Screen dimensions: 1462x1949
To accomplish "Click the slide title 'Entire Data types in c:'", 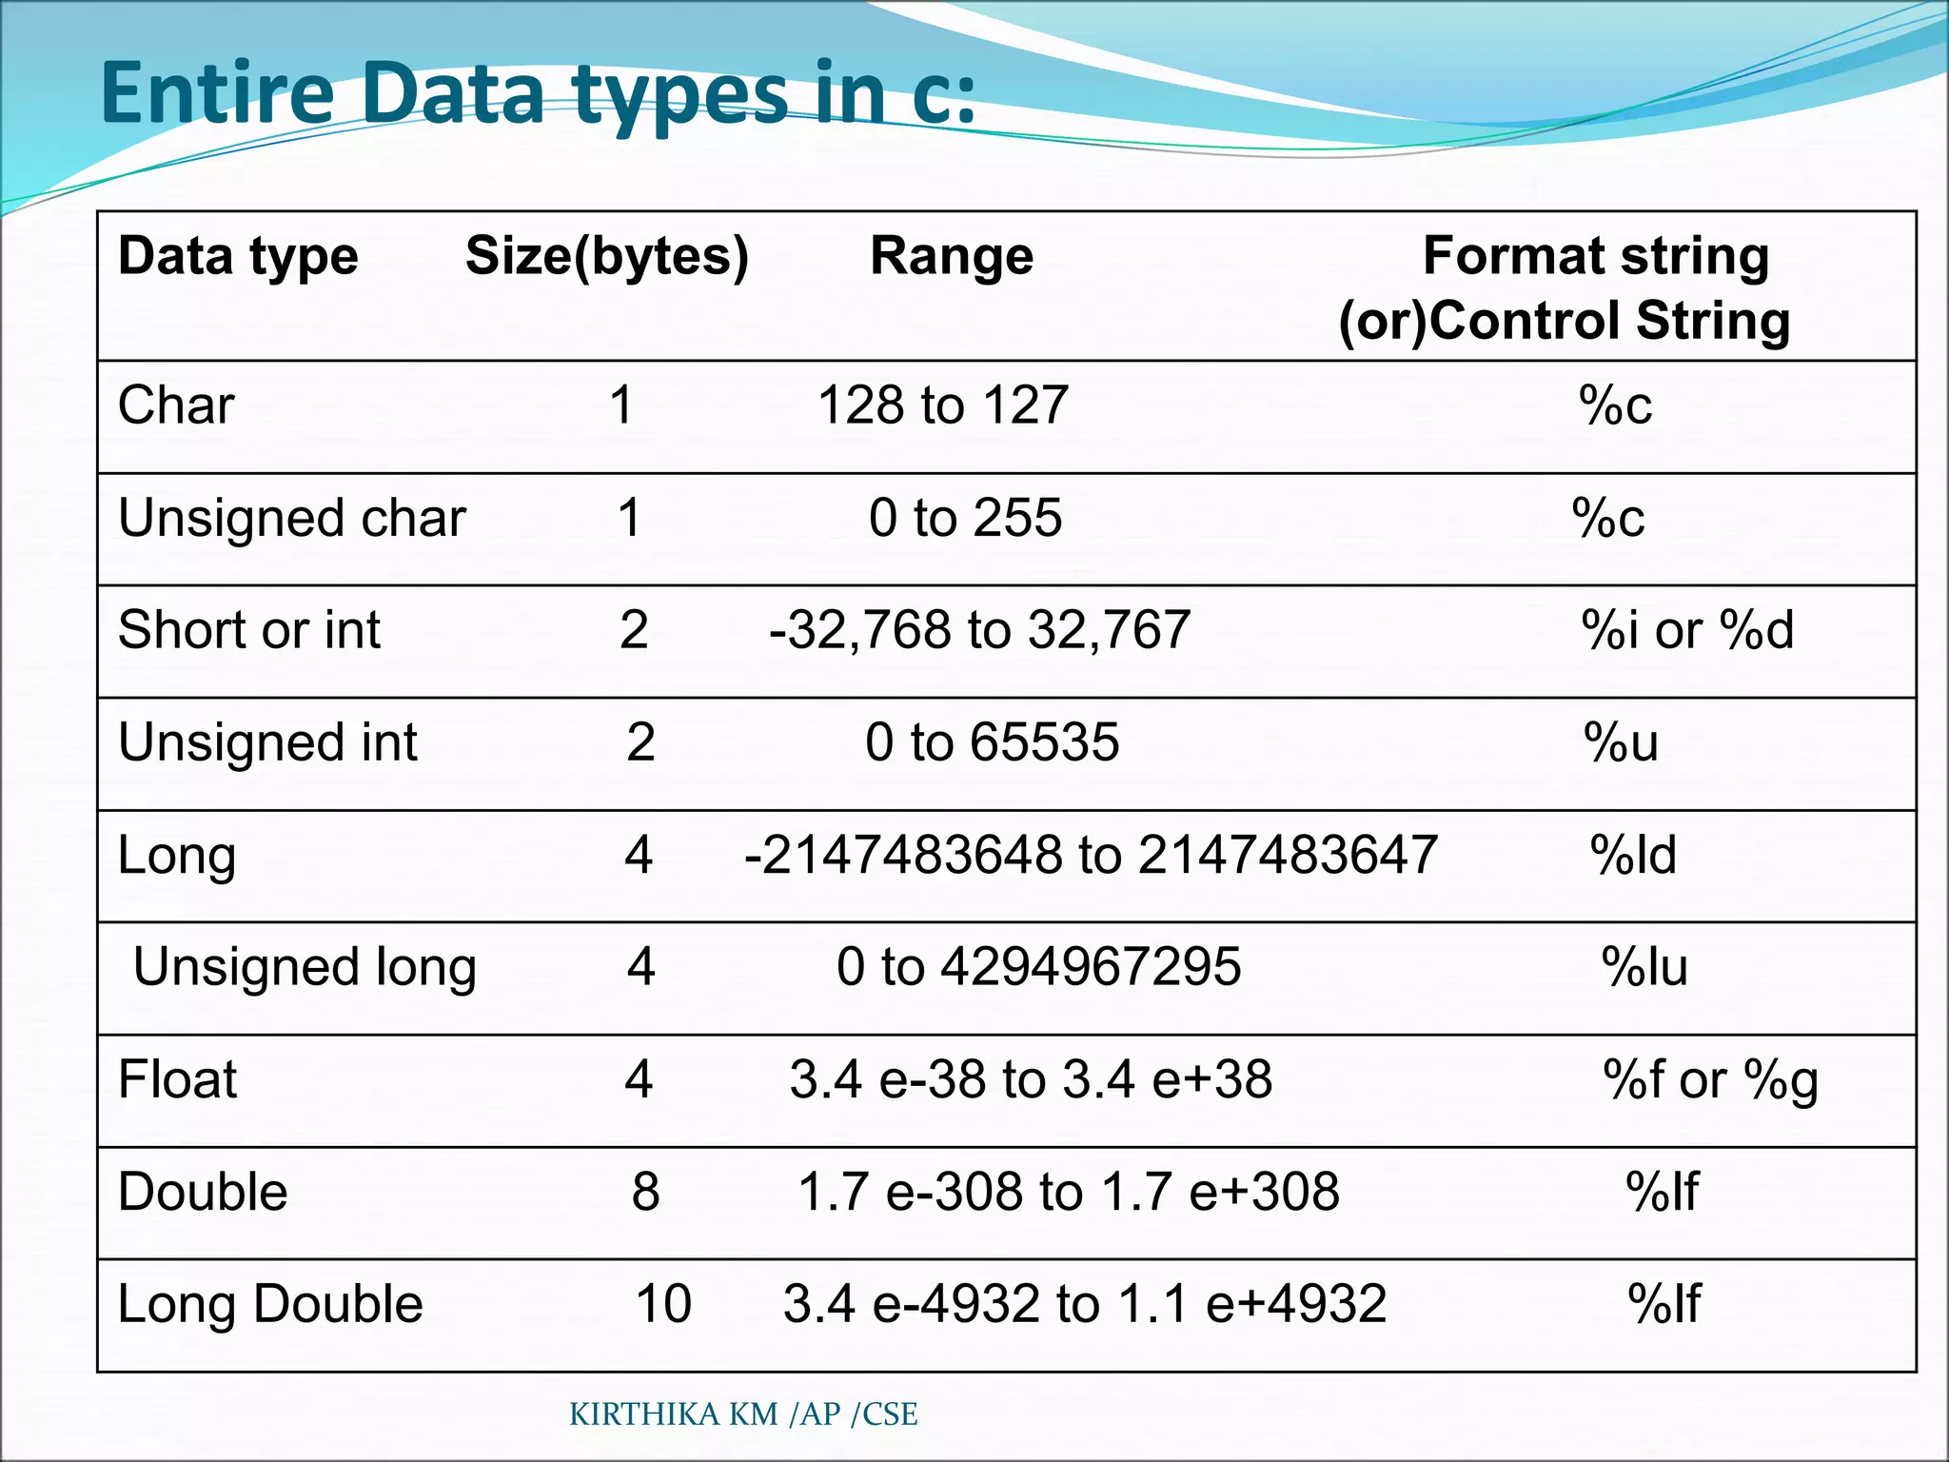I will coord(539,93).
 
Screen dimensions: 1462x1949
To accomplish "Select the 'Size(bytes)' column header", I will coord(607,256).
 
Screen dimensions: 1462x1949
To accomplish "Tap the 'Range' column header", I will coord(952,256).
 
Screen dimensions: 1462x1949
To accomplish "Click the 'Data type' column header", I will coord(238,256).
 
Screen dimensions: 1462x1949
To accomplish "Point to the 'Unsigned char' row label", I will coord(291,519).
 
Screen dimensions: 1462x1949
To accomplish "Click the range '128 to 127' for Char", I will coord(943,405).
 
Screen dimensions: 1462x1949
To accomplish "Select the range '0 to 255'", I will coord(965,519).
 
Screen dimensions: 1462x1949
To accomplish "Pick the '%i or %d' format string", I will coord(1687,630).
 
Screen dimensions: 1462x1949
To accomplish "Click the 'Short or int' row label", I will coord(248,630).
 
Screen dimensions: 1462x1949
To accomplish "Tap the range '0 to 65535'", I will coord(992,742).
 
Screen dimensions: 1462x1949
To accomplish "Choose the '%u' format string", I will coord(1621,742).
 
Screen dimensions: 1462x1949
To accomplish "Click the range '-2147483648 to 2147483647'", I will coord(1091,855).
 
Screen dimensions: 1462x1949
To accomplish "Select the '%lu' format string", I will coord(1644,967).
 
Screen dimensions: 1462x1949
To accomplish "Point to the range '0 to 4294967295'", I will coord(1038,967).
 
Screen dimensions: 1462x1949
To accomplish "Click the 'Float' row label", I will coord(177,1079).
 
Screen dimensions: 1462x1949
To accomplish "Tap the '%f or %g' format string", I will coord(1710,1080).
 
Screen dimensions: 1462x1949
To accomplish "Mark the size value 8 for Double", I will coord(645,1192).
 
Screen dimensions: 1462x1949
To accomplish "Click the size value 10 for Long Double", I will coord(663,1304).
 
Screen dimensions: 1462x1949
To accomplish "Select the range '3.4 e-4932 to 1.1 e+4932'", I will coord(1085,1304).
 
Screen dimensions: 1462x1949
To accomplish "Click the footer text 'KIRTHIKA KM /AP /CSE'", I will coord(743,1414).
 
